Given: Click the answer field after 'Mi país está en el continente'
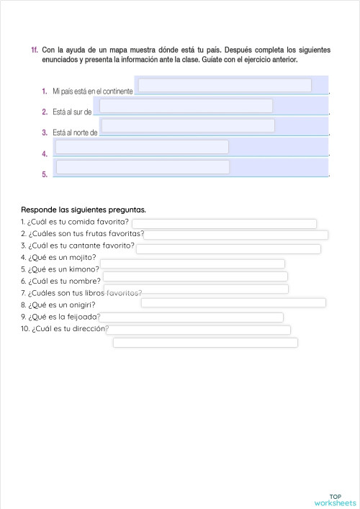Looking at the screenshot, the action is pos(225,86).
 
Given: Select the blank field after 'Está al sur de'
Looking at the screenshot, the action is pos(186,106).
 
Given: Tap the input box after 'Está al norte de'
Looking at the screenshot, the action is pos(188,126).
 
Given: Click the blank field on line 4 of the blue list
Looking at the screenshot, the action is pos(142,147).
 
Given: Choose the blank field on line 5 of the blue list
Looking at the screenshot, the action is pos(143,167).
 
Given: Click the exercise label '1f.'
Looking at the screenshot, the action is pos(35,50).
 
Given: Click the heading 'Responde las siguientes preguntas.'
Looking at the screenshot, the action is pos(84,210).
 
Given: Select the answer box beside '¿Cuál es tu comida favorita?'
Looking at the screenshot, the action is pos(233,223).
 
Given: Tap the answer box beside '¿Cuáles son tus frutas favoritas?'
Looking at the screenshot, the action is pos(235,235).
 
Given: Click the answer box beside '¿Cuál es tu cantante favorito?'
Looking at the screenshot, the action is pos(228,248).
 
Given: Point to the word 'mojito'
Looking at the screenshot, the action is pos(82,256).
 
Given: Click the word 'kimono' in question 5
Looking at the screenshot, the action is pos(84,269).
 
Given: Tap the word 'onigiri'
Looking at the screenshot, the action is pos(81,305).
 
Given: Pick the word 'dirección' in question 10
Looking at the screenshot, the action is pos(89,328).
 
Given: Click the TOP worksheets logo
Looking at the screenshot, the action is pos(335,500).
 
